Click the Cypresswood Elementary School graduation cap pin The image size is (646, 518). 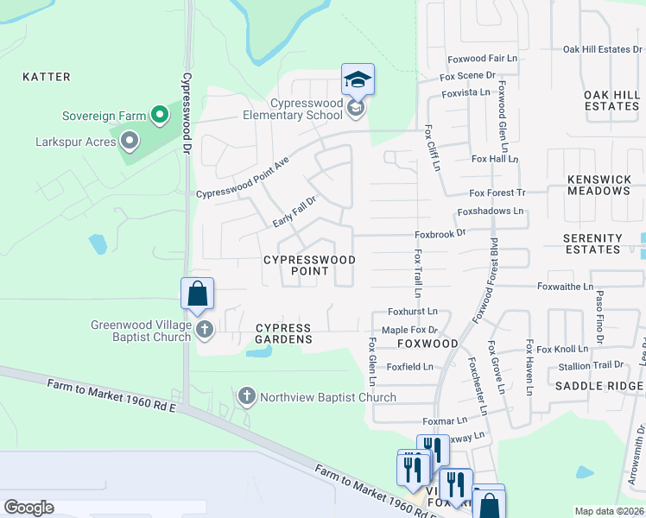pos(358,81)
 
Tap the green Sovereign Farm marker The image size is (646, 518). pos(159,115)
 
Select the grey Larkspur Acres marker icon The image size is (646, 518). pos(130,140)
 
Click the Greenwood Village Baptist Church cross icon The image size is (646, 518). pos(205,329)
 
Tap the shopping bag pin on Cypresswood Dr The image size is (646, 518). pos(198,294)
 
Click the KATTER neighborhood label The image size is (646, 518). pos(47,77)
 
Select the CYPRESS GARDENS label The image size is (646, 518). pos(284,334)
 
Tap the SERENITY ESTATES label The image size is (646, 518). pos(592,243)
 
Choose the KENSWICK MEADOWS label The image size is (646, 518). pos(599,185)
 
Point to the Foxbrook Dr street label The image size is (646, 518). pos(440,233)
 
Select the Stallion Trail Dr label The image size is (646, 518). pos(592,365)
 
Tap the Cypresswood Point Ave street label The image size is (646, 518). pos(242,178)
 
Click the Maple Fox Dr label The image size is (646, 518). pos(410,330)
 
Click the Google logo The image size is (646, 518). pos(29,507)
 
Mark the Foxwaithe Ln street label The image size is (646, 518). pos(565,286)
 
